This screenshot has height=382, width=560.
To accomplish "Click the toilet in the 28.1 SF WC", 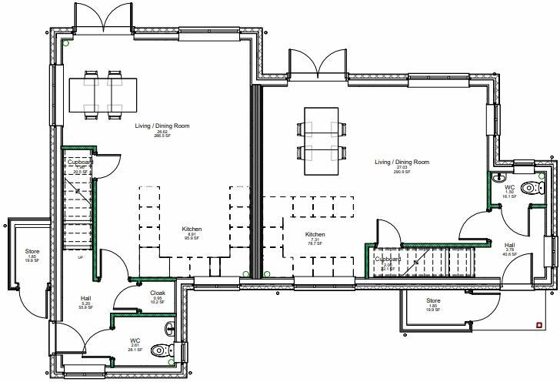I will click(160, 350).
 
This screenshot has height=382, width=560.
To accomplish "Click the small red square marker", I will click(536, 324).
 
